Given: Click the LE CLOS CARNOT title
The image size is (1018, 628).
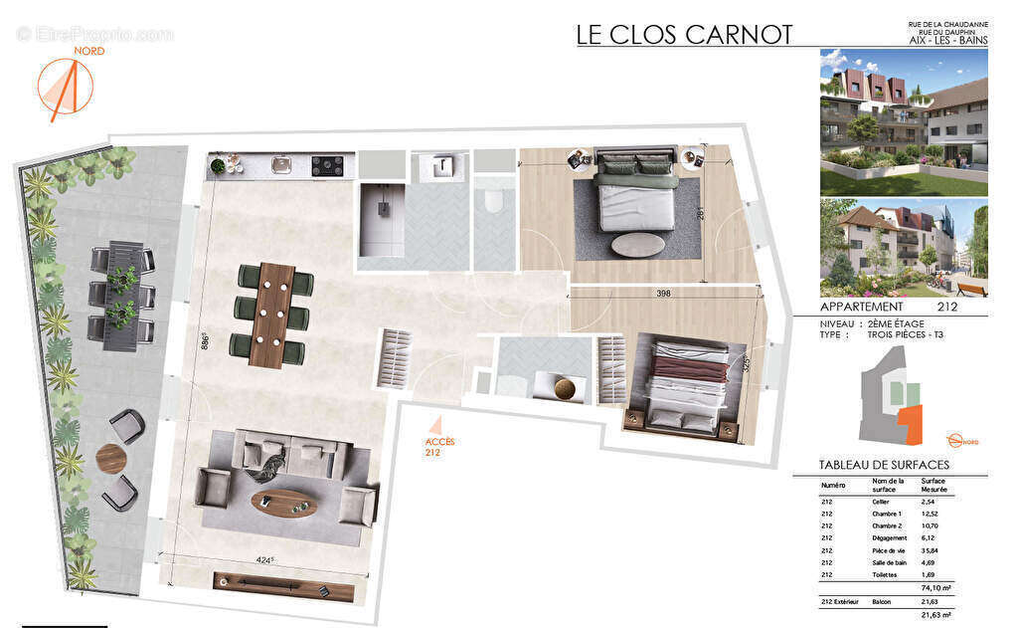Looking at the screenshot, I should click(684, 34).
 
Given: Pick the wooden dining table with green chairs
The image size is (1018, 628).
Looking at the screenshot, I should click(271, 314).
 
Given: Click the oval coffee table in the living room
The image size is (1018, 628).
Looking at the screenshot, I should click(283, 504).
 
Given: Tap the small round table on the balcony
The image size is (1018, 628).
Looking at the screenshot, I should click(111, 459).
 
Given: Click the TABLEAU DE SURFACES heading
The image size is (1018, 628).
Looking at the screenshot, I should click(884, 465).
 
